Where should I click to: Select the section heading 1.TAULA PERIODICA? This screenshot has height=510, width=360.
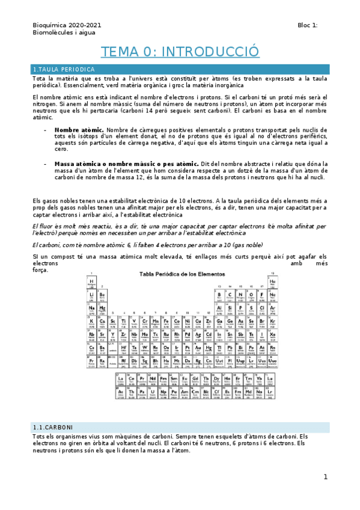pos(64,70)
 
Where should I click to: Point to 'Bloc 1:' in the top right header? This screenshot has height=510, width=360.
pos(308,25)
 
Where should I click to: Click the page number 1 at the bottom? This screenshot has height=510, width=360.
pos(325,477)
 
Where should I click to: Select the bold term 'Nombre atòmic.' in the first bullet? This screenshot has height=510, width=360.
pos(79,129)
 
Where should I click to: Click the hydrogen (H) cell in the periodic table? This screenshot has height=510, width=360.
pos(92,283)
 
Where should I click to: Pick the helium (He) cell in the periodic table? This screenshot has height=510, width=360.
pos(272,283)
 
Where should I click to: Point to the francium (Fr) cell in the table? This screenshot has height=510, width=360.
pos(92,362)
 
